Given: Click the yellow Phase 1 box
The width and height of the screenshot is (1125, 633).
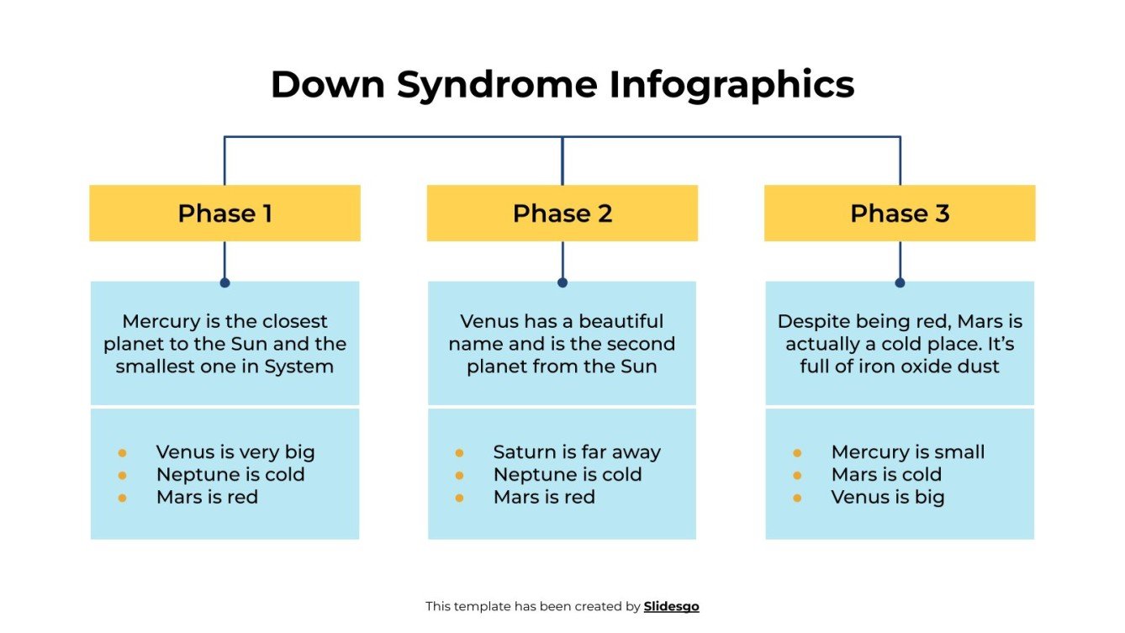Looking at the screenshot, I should point(224,214).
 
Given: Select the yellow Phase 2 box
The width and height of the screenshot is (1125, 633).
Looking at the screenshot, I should point(562,214).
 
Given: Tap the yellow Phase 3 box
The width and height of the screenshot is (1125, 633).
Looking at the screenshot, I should point(900,214).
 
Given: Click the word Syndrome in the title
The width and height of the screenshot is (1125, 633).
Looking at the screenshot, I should point(497,85).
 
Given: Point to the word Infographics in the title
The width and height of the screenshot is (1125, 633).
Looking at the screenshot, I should point(732,85).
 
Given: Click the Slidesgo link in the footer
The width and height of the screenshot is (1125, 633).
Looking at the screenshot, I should point(671,606).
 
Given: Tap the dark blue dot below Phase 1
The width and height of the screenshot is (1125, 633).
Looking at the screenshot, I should point(224,283).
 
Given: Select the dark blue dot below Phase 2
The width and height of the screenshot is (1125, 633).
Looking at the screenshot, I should point(562,283).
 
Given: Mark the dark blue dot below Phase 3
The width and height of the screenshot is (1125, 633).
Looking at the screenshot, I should point(900,283).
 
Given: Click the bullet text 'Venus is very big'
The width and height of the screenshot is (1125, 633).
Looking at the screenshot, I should point(235,452).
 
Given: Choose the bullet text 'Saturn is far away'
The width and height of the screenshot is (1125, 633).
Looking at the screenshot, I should point(577,452).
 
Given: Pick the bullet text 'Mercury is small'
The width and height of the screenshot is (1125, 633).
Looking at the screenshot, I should point(907,452).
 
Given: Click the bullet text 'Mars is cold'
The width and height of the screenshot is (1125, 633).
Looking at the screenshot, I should point(886,475).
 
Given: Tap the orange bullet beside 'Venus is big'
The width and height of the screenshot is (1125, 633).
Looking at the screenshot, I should point(797,498).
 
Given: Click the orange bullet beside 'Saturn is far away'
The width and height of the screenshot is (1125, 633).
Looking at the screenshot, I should point(459,453).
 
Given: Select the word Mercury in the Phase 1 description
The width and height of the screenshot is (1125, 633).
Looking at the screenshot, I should point(159,322).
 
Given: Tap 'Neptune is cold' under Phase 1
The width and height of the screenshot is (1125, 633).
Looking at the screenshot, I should point(230,475).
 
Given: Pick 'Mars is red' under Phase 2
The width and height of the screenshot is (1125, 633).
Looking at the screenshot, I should point(544,498).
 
